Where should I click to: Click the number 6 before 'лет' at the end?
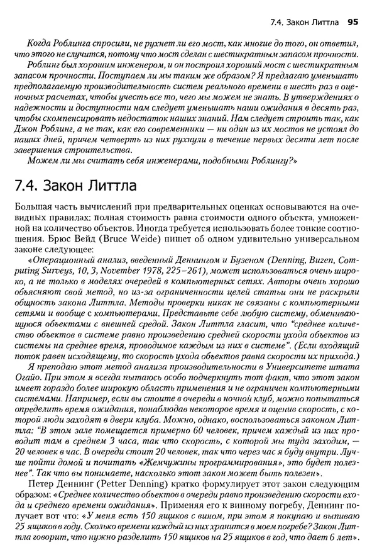[334, 539]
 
